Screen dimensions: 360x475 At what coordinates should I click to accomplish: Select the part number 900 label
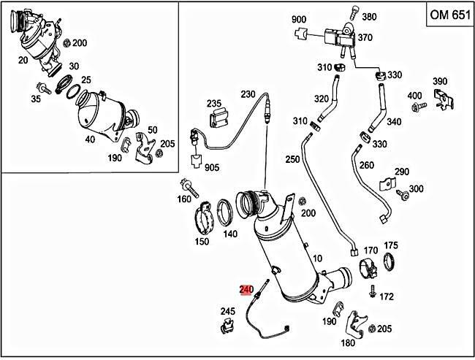tap(299, 18)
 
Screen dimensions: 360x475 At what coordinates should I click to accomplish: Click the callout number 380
tap(370, 17)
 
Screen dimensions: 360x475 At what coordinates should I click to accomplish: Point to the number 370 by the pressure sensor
tap(365, 37)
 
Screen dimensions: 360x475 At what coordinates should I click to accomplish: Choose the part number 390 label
tap(439, 80)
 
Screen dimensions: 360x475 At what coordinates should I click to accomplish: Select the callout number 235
tap(213, 103)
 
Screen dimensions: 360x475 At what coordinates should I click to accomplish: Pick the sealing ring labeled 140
tap(227, 213)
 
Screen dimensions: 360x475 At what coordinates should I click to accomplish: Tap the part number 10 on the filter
tap(316, 258)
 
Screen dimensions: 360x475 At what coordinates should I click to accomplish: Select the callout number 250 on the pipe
tap(292, 159)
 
